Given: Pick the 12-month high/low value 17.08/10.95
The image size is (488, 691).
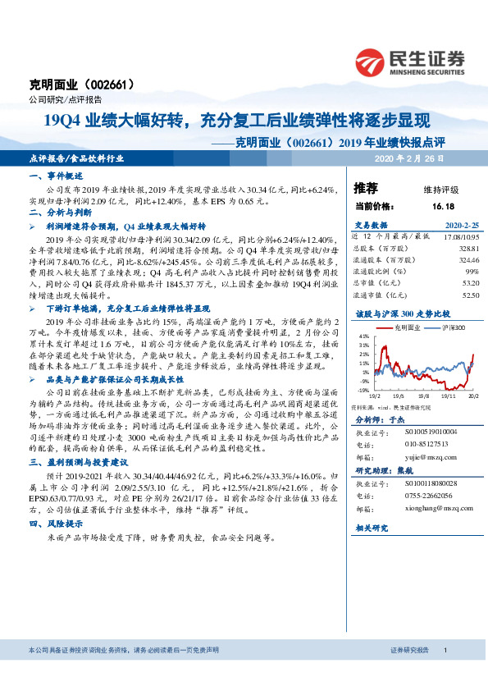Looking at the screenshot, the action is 460,235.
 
